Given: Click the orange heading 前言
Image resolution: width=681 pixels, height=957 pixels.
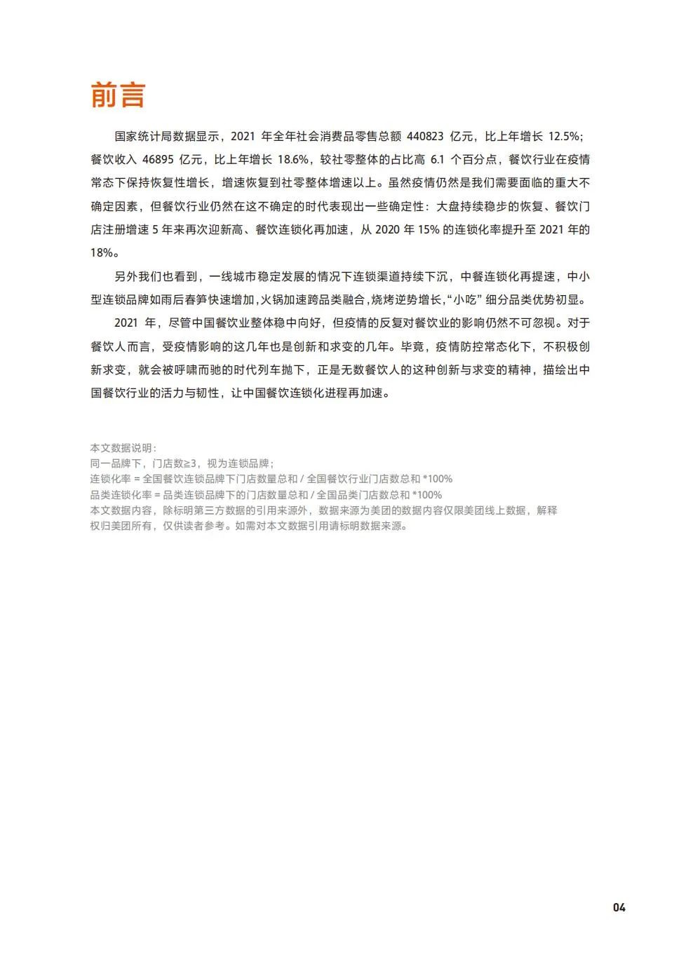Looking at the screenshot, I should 118,95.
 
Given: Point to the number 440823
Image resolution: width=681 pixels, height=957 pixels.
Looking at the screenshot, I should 425,136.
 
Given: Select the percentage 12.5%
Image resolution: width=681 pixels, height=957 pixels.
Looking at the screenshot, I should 564,136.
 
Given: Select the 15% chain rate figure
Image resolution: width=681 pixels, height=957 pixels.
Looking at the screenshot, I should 429,229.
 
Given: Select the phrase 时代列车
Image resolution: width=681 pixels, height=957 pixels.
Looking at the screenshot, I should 255,369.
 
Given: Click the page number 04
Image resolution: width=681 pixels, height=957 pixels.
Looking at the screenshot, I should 619,907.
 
